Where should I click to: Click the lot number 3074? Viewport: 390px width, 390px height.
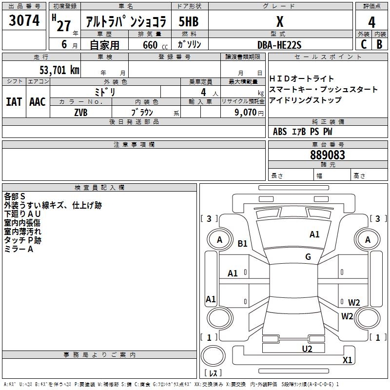[24, 21]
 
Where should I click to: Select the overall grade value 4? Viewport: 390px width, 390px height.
[371, 22]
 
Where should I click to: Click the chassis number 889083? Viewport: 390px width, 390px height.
[328, 155]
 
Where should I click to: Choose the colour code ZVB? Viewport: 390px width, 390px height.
[80, 112]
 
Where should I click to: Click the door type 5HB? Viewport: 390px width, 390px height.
[188, 22]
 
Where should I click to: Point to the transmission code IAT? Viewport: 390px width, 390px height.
[14, 102]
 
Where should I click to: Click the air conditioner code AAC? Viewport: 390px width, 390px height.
[38, 102]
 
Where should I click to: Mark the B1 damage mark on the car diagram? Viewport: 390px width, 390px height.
[243, 244]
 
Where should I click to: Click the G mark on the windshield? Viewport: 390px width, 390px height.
[308, 257]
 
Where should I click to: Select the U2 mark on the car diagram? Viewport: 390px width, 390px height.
[307, 349]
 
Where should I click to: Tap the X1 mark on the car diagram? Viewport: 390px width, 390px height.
[347, 360]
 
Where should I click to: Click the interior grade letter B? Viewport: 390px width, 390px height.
[379, 44]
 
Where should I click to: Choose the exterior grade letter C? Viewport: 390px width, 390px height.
[363, 44]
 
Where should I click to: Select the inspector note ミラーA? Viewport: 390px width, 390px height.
[19, 249]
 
